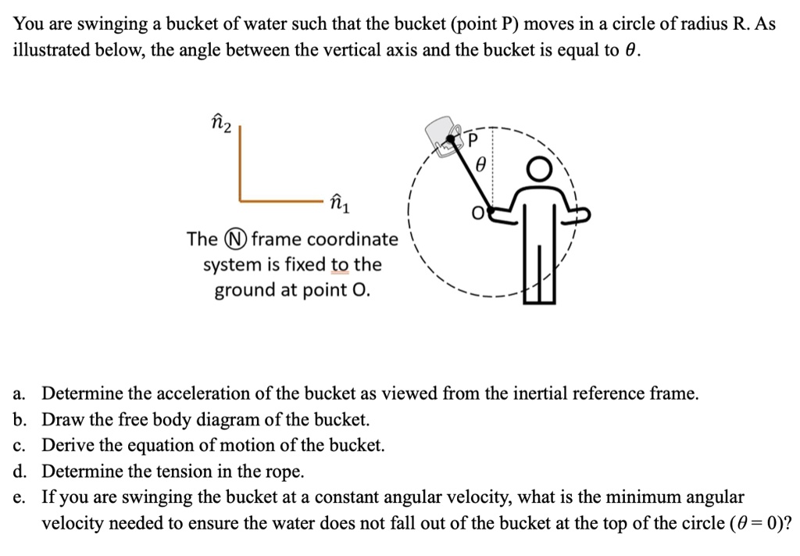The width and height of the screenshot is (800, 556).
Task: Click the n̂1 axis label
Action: click(x=341, y=205)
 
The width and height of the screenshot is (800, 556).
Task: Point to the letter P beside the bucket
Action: click(x=471, y=141)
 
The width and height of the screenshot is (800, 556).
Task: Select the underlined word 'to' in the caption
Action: click(x=340, y=264)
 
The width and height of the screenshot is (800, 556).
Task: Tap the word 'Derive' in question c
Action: click(x=68, y=445)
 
